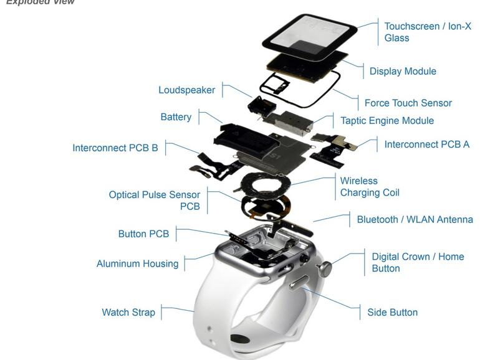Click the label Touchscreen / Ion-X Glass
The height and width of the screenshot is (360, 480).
pyautogui.click(x=427, y=32)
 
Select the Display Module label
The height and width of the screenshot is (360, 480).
pyautogui.click(x=403, y=71)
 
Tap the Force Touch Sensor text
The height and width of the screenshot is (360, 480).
pyautogui.click(x=408, y=103)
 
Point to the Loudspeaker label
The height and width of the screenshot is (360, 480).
pyautogui.click(x=186, y=90)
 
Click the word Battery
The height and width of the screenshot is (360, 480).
pyautogui.click(x=176, y=117)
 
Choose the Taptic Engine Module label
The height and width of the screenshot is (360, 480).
pyautogui.click(x=386, y=120)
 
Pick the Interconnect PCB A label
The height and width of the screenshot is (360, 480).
pyautogui.click(x=426, y=144)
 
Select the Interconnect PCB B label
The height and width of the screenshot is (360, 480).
pyautogui.click(x=115, y=148)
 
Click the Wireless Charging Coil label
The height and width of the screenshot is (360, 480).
pyautogui.click(x=369, y=187)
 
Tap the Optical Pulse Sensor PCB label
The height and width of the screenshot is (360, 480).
pyautogui.click(x=155, y=200)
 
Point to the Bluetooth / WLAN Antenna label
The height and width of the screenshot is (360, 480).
pyautogui.click(x=415, y=219)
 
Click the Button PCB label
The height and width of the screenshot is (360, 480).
pyautogui.click(x=143, y=234)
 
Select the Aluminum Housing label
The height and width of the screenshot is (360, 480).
pyautogui.click(x=137, y=263)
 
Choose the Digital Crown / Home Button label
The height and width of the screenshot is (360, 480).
pyautogui.click(x=418, y=262)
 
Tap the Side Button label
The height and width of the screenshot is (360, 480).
pyautogui.click(x=392, y=312)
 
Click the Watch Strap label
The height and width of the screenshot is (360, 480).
pyautogui.click(x=128, y=312)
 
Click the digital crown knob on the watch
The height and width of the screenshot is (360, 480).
pyautogui.click(x=324, y=268)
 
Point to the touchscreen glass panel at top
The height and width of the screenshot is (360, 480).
pyautogui.click(x=309, y=35)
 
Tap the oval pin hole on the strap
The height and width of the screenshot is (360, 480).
pyautogui.click(x=241, y=339)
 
